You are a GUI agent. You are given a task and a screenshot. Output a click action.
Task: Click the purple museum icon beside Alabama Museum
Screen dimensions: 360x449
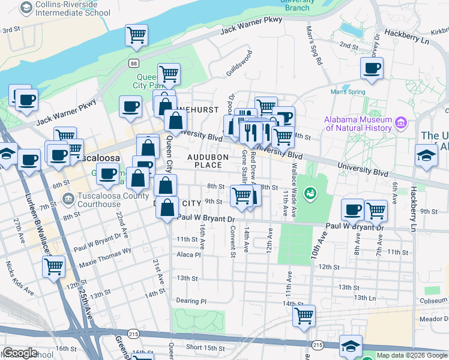[402, 124]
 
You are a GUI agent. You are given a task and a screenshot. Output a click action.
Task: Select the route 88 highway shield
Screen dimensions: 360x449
[133, 63]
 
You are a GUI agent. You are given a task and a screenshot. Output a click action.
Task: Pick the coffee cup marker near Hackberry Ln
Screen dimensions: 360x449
[372, 68]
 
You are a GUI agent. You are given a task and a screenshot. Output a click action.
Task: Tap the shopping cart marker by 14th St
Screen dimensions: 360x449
[305, 314]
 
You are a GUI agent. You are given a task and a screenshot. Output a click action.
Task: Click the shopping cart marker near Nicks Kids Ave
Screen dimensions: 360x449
[54, 266]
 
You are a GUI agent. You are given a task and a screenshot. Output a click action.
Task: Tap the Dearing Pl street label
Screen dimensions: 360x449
[191, 301]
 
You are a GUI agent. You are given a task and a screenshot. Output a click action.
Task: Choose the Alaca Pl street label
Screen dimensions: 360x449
[188, 254]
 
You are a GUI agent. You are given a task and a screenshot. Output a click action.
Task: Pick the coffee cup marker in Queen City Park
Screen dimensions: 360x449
[130, 107]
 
